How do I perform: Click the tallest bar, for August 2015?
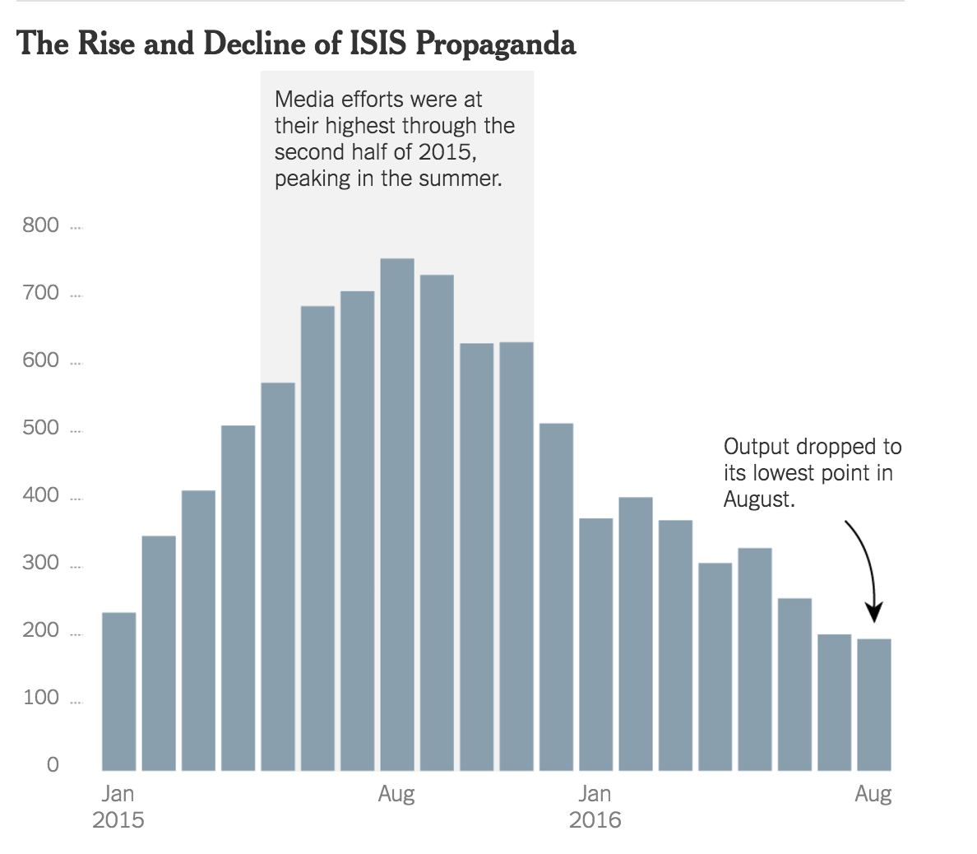(x=397, y=514)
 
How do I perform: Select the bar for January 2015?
(x=119, y=691)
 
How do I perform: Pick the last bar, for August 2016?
(x=874, y=704)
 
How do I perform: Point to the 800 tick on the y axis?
(x=41, y=225)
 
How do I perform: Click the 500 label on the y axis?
(x=41, y=428)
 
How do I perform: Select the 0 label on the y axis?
(x=53, y=765)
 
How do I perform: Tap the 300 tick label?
(x=41, y=563)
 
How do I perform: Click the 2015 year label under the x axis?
(x=118, y=820)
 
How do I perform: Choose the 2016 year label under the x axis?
(x=595, y=820)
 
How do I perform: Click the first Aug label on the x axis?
(x=396, y=794)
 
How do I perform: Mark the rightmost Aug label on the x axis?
(x=873, y=794)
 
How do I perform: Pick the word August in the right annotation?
(x=757, y=499)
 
